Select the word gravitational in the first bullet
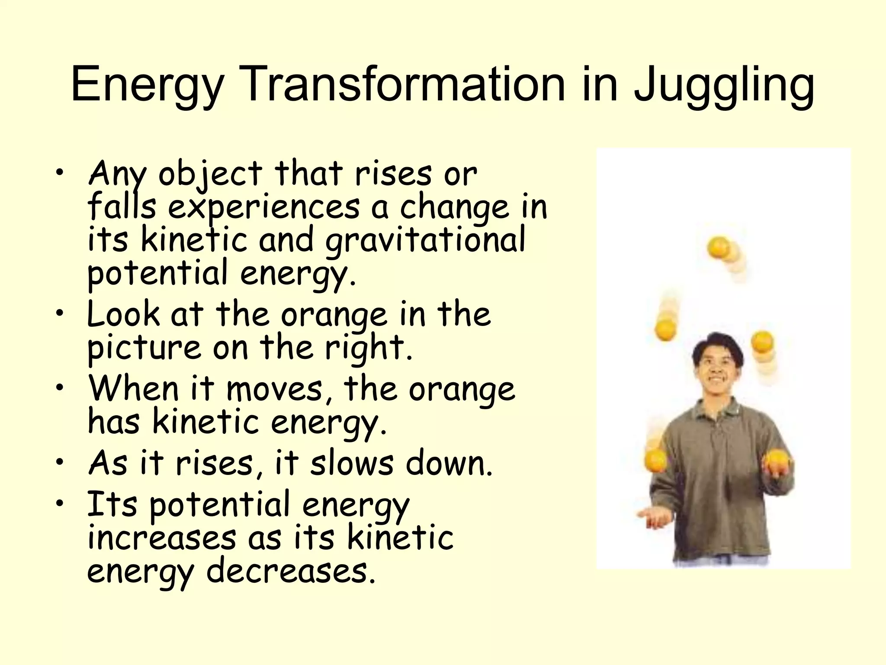[425, 241]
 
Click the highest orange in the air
[719, 247]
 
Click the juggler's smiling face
[717, 368]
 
